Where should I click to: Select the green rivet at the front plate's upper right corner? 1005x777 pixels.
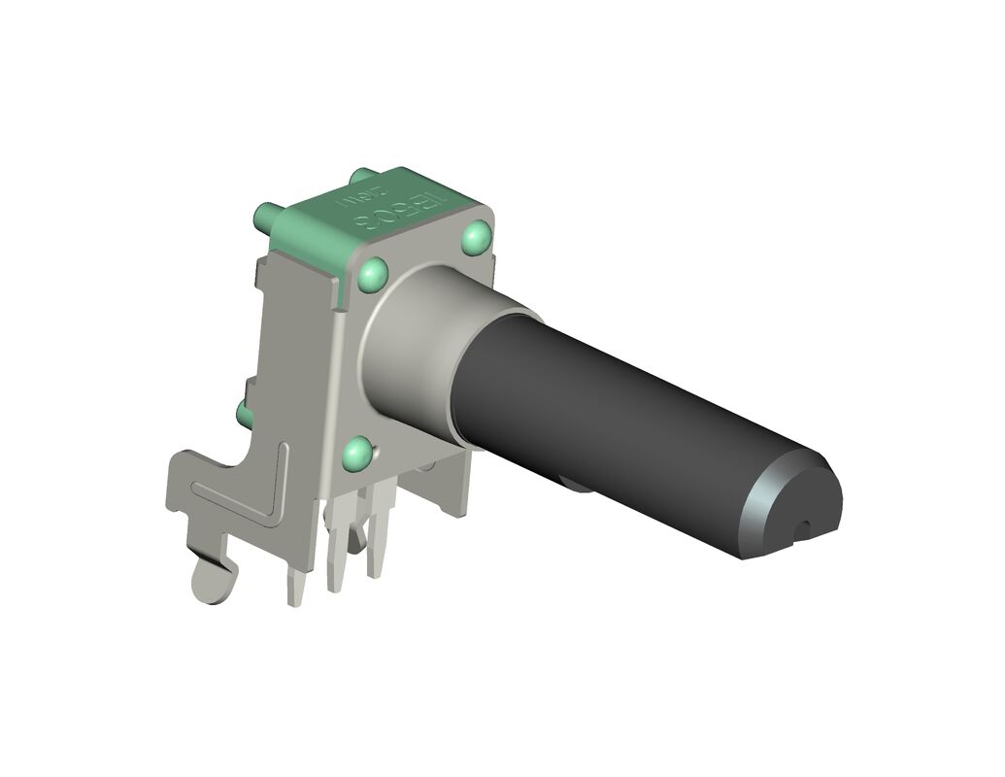pyautogui.click(x=477, y=237)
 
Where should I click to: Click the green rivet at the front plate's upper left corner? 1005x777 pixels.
pyautogui.click(x=374, y=275)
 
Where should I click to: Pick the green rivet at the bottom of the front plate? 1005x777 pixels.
pyautogui.click(x=358, y=453)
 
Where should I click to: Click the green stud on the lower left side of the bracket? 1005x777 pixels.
pyautogui.click(x=245, y=416)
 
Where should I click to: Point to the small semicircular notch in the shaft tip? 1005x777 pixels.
pyautogui.click(x=802, y=528)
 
